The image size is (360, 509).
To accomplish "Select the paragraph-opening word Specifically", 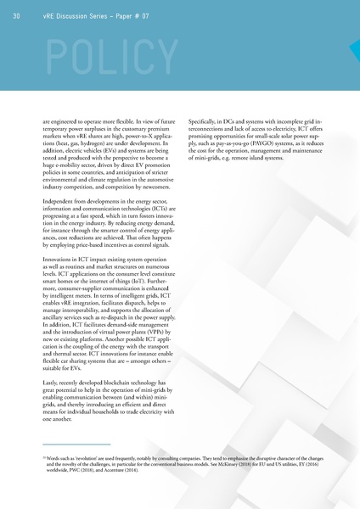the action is coord(205,121).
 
